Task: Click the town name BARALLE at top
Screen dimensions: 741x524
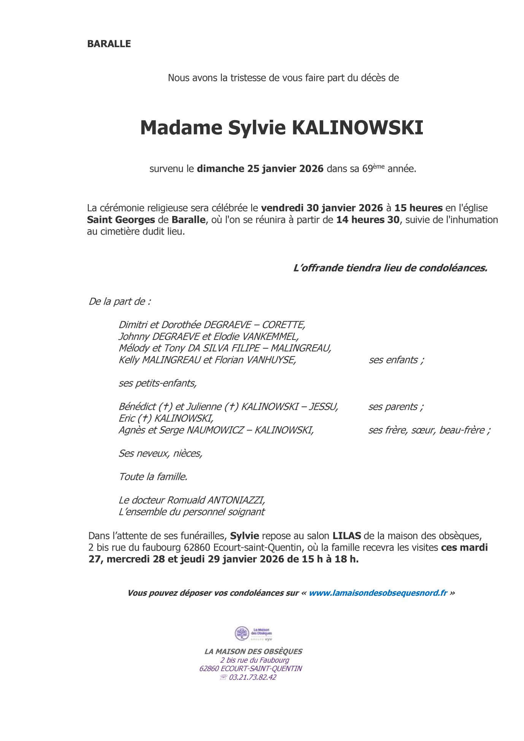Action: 109,44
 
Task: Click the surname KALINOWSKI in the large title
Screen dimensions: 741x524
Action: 357,128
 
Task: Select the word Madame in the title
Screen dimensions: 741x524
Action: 181,128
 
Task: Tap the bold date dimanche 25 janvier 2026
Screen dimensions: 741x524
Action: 260,169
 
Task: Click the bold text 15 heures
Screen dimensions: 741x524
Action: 418,208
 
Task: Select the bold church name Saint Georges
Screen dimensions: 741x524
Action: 121,220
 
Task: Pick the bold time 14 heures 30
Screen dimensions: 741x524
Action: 368,220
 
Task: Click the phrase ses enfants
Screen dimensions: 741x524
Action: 396,360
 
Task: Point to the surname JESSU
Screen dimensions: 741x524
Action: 323,407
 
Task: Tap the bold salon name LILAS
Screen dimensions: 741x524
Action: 346,536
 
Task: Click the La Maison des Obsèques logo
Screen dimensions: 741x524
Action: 253,633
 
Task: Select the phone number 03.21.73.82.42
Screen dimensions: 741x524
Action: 252,677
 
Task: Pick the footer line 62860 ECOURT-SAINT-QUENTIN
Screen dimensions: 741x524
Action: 251,668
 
